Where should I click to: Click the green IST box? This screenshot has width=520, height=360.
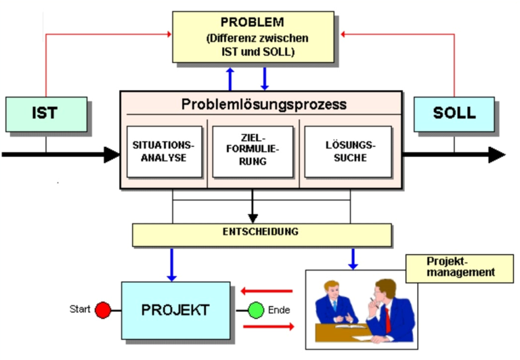[x=46, y=114]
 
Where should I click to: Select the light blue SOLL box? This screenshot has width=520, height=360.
[x=454, y=114]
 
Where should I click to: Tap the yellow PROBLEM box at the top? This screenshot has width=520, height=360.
[x=253, y=37]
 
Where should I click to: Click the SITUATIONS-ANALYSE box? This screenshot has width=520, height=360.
[x=164, y=152]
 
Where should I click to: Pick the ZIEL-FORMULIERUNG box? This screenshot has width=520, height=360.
[x=253, y=152]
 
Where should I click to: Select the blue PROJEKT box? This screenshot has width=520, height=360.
[x=175, y=311]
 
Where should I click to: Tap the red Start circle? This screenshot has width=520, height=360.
[x=102, y=310]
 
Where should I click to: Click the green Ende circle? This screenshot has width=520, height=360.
[x=256, y=311]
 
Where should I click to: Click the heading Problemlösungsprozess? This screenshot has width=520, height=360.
[x=263, y=105]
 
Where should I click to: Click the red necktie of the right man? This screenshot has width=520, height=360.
[x=388, y=318]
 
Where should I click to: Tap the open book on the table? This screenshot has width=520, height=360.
[x=353, y=326]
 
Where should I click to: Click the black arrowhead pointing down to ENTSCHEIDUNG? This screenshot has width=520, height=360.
[x=253, y=217]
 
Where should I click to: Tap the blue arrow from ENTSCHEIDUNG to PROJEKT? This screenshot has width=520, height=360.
[x=171, y=265]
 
